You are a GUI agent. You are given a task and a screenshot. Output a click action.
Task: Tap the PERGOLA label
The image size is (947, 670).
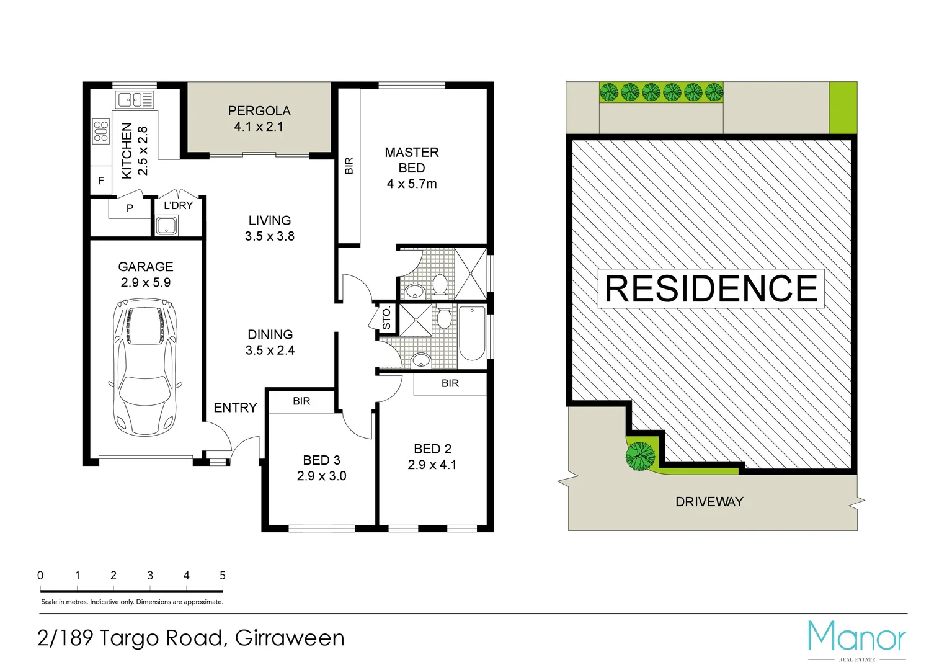pos(259,111)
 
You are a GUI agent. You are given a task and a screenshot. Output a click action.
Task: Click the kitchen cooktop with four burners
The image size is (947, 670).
pos(100,132)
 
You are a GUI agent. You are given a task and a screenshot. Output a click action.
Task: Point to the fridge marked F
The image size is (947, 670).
pos(101,181)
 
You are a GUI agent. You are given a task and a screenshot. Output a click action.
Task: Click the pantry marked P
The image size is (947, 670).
pos(130,208)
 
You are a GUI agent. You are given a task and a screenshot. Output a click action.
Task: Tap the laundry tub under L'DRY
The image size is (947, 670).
pos(167,226)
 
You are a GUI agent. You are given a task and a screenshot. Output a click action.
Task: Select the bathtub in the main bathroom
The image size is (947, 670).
pos(472,333)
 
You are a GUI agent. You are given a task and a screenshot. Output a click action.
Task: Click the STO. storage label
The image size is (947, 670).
pos(387,318)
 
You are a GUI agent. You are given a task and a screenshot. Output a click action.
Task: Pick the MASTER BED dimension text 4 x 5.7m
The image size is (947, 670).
pos(412,184)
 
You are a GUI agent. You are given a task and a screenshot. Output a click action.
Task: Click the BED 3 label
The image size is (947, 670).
pos(321,460)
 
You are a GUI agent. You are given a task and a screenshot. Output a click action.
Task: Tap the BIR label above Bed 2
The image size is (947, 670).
pos(450,383)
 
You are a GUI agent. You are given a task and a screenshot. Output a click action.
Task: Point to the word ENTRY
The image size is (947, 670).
pos(235,408)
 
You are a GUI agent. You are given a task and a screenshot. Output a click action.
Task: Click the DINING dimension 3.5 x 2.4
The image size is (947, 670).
pos(270,351)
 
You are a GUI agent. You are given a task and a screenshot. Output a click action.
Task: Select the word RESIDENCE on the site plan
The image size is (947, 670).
pos(711,288)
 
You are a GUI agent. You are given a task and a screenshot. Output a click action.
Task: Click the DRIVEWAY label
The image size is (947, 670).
pos(709,502)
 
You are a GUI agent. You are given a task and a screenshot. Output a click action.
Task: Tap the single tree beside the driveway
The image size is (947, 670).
pos(640,456)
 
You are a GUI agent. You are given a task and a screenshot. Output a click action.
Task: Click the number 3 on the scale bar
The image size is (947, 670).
pos(150,576)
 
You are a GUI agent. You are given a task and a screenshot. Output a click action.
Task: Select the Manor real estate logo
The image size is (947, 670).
pos(856,639)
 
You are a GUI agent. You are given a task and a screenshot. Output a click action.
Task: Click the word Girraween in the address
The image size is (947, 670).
pos(290,638)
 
